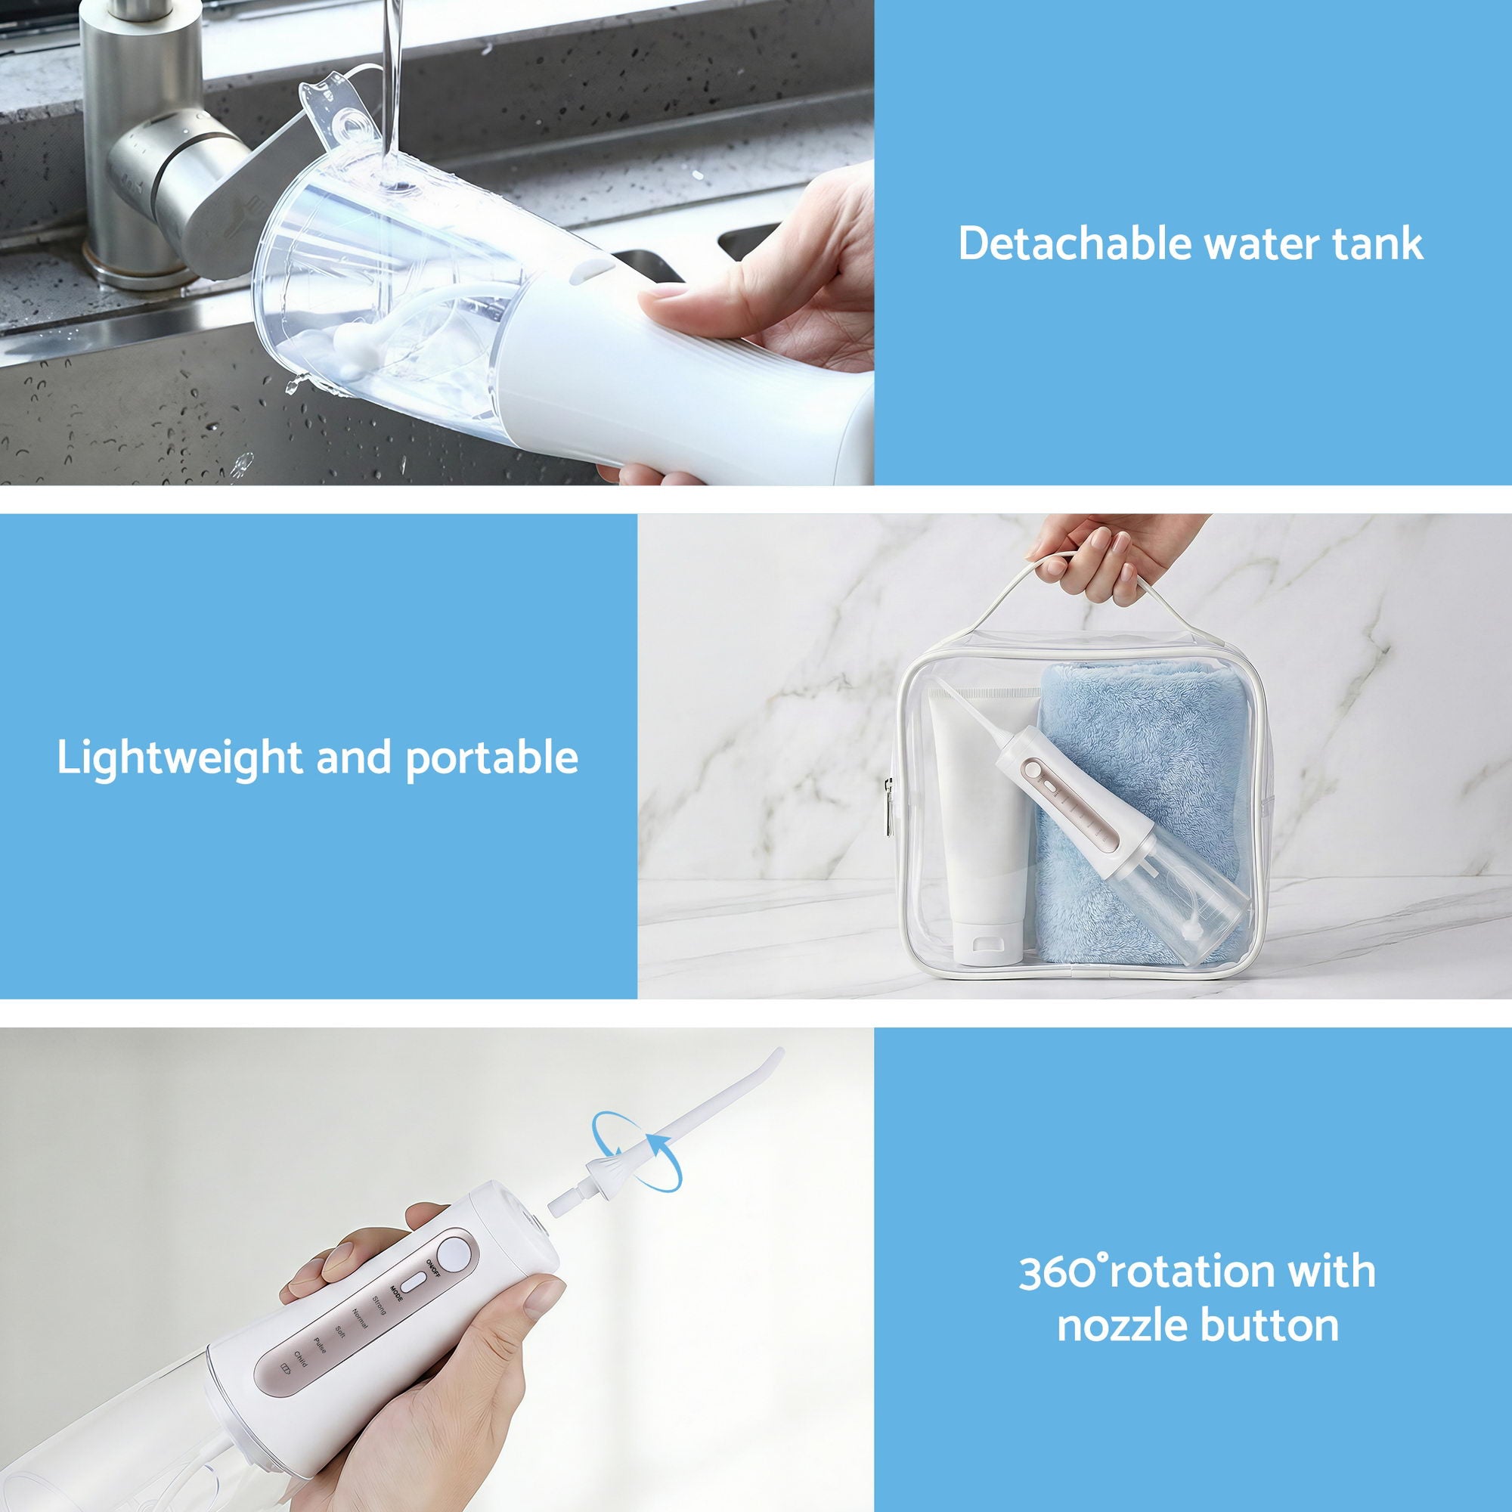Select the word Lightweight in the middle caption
(x=178, y=758)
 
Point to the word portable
(x=492, y=758)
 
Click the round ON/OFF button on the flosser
(x=453, y=1253)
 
